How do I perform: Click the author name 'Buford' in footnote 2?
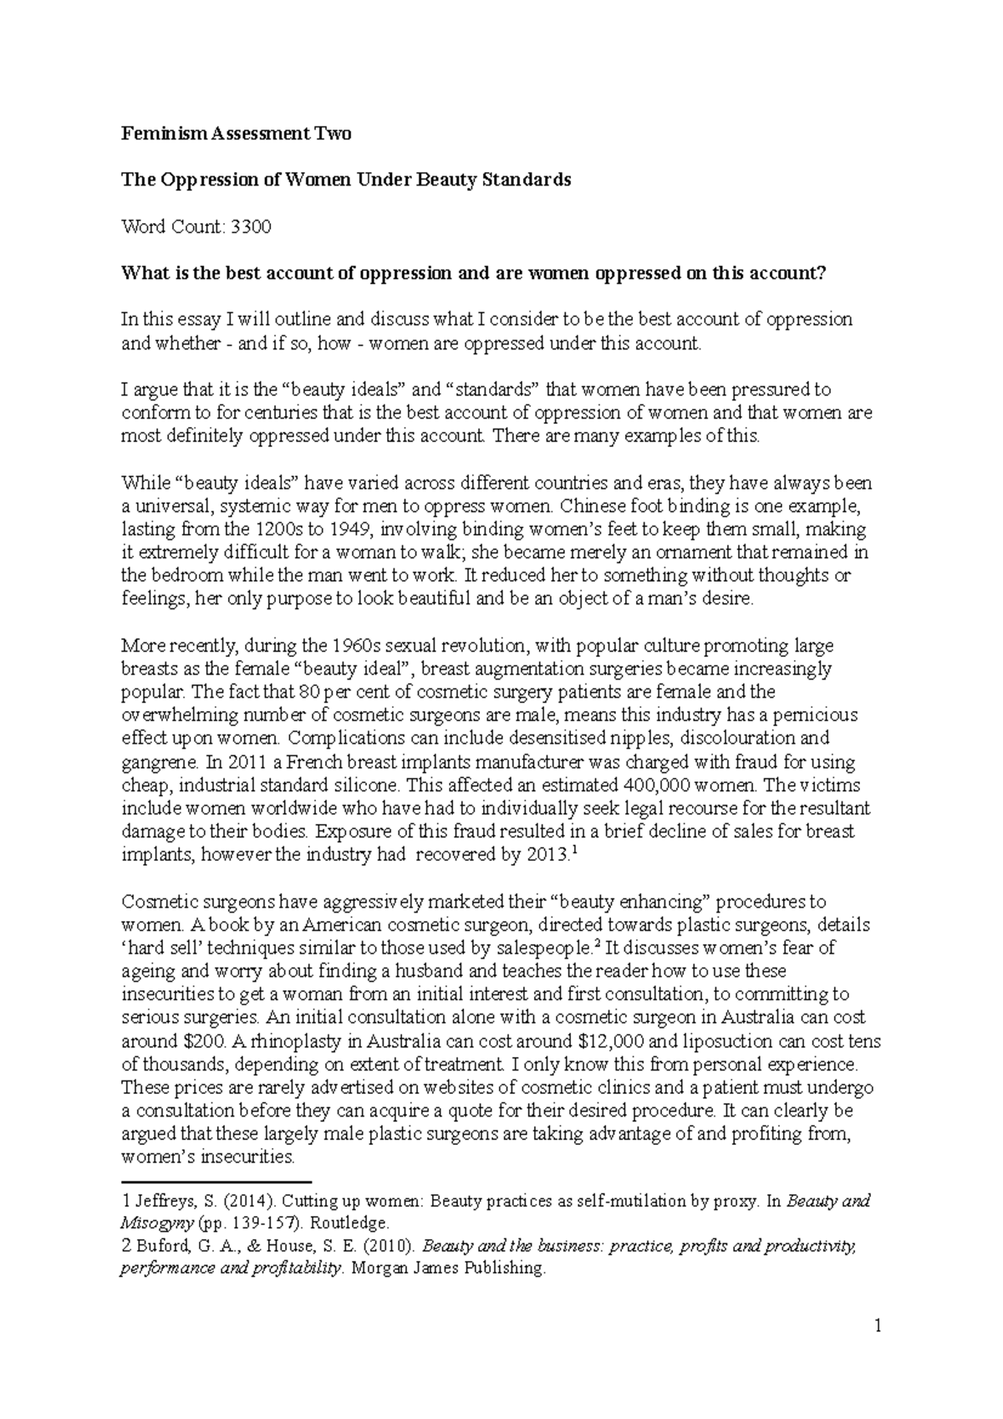pos(156,1246)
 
